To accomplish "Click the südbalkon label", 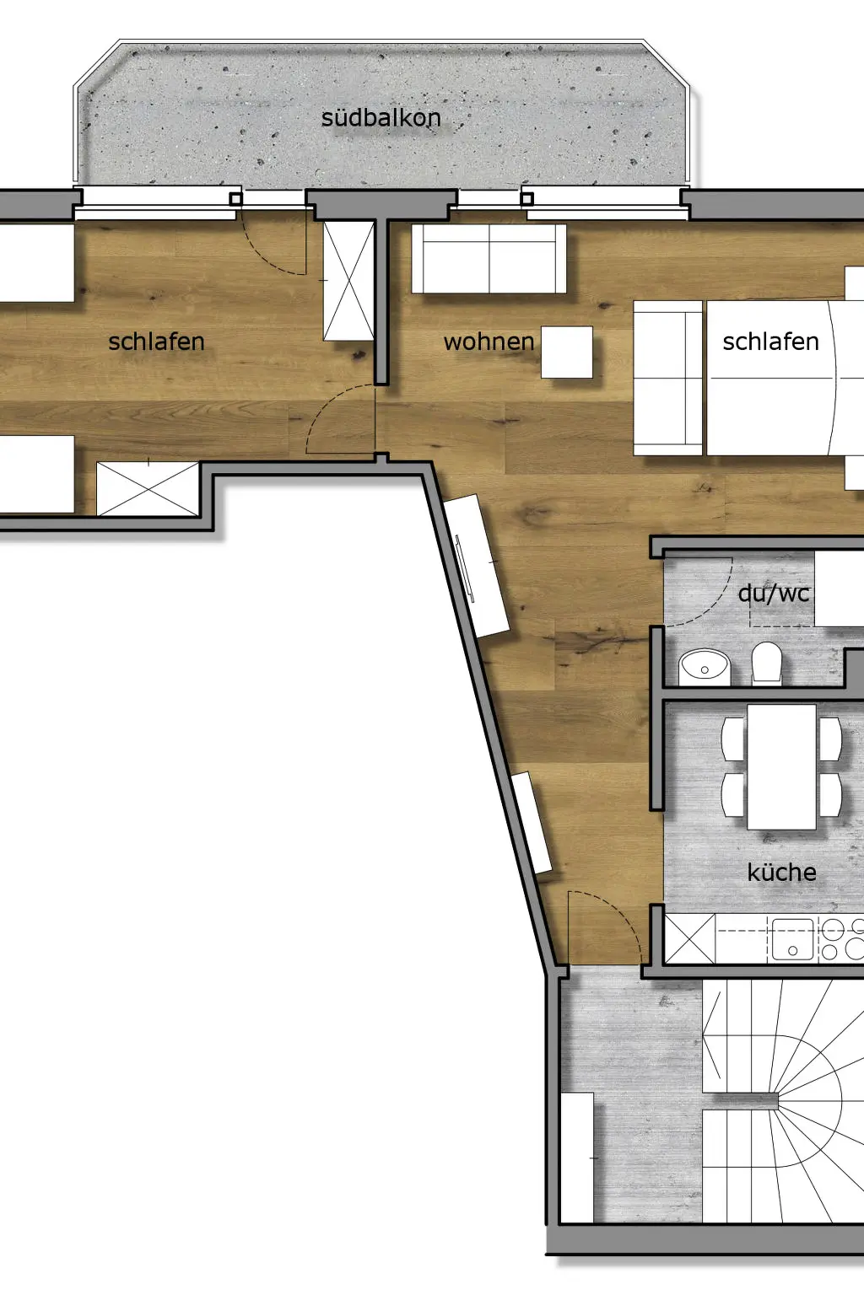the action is click(381, 118).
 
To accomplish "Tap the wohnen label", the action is click(489, 342).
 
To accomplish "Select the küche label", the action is click(782, 872).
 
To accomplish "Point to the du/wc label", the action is click(774, 594).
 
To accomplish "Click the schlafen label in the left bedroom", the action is click(156, 341).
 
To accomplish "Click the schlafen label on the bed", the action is click(771, 341).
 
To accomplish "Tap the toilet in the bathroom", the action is click(767, 663).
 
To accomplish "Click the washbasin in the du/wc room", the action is click(705, 667).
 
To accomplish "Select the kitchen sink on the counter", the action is click(792, 939).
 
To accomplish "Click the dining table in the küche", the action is click(782, 766).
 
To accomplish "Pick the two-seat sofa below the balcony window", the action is click(489, 259).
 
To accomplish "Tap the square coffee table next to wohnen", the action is click(567, 352).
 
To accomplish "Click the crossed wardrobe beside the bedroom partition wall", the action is click(348, 281).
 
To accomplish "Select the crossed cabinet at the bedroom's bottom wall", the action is click(148, 488).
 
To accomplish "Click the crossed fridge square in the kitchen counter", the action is click(690, 939).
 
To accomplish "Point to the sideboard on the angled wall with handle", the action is click(476, 566).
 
